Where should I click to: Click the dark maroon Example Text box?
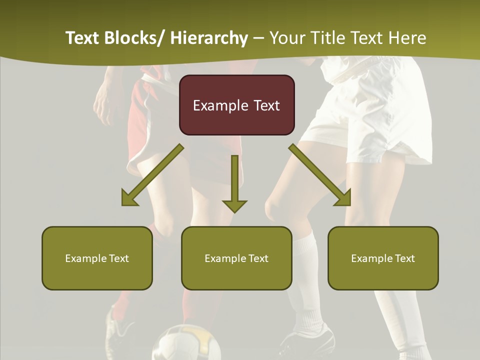pos(236,105)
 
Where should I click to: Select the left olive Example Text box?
pos(97,258)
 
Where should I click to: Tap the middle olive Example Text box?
pos(236,258)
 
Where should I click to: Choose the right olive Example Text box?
pos(383,258)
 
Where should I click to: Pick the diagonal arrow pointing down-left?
pos(152,175)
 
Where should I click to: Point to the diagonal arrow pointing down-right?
pos(320,175)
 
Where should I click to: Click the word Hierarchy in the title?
pos(208,38)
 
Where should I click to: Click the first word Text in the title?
pos(83,38)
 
